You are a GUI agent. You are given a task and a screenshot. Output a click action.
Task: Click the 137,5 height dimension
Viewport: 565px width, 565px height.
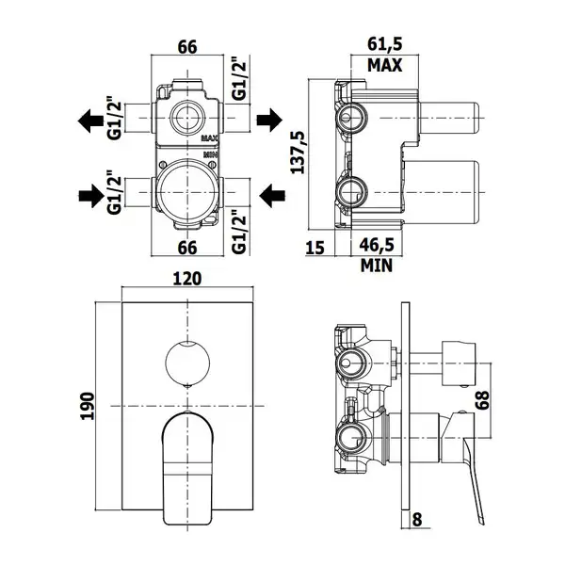298,153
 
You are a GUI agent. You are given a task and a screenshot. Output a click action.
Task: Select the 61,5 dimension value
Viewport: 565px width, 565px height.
385,44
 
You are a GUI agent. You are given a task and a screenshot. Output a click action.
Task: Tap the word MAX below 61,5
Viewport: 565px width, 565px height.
384,65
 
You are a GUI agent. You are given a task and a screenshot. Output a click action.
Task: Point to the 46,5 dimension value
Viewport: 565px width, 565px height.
377,245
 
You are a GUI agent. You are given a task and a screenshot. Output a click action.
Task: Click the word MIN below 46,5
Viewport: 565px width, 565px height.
377,266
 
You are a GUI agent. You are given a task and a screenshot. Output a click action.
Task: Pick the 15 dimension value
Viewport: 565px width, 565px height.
315,248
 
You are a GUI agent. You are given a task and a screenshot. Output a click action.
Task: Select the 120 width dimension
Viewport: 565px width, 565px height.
187,279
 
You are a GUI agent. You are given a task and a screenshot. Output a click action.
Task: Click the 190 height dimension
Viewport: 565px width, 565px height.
88,406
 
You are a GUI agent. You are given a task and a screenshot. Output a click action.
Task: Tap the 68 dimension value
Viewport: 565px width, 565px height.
482,400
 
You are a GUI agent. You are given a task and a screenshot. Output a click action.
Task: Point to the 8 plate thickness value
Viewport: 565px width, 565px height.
417,520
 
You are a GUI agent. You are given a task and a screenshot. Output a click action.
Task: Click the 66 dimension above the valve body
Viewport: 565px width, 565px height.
187,47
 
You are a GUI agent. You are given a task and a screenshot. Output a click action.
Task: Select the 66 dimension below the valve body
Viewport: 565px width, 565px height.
187,248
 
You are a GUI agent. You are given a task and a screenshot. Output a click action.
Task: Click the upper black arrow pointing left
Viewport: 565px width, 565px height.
90,121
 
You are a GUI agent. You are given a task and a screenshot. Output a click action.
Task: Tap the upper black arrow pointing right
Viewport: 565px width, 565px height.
269,120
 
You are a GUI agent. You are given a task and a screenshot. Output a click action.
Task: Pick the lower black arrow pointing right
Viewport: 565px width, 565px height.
91,196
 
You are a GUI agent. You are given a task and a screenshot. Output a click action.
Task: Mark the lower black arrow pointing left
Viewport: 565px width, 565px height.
272,196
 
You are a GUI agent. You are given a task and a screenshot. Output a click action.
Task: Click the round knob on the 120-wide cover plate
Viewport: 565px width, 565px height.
187,363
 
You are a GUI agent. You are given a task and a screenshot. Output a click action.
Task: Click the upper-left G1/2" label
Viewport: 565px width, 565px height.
115,118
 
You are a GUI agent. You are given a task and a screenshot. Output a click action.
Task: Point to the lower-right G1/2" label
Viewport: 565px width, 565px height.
239,232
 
